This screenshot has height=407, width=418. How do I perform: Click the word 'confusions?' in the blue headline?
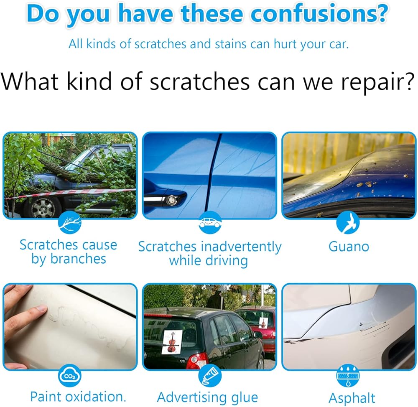pyautogui.click(x=319, y=13)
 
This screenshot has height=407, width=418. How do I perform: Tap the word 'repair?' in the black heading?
pyautogui.click(x=377, y=82)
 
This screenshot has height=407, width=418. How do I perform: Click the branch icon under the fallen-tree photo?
pyautogui.click(x=70, y=222)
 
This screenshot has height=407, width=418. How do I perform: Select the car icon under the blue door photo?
pyautogui.click(x=210, y=222)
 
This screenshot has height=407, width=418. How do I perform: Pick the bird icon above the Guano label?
pyautogui.click(x=348, y=222)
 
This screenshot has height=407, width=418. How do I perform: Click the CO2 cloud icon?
pyautogui.click(x=70, y=376)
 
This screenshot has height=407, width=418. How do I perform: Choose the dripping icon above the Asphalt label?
pyautogui.click(x=348, y=376)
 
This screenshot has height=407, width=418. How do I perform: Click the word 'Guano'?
pyautogui.click(x=349, y=246)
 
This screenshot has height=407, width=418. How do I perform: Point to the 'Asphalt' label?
pyautogui.click(x=352, y=398)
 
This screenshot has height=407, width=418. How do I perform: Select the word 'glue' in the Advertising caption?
pyautogui.click(x=245, y=398)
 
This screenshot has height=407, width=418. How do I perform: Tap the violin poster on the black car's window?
pyautogui.click(x=172, y=342)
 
